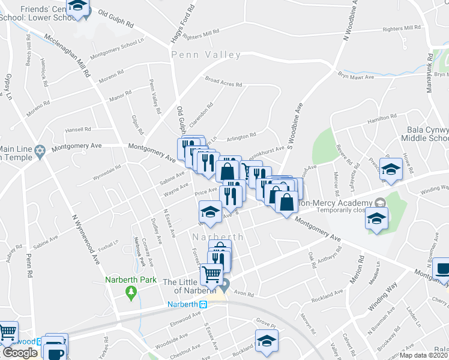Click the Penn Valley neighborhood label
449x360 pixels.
206,55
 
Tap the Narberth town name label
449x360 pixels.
217,237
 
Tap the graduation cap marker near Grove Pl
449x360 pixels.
265,341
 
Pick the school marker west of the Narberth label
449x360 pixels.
210,211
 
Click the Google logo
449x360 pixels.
20,353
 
